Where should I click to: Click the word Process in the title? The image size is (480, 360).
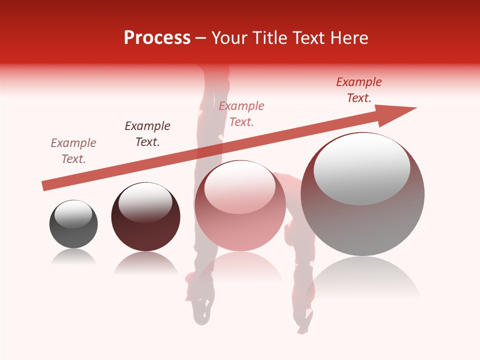tap(157, 38)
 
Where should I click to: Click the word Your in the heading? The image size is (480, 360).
tap(229, 38)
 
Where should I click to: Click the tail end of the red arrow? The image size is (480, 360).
tap(45, 185)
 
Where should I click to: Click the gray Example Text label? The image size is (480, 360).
tap(73, 151)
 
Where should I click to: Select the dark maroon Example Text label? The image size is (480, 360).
tap(147, 134)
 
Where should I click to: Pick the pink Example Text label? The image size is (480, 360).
tap(241, 114)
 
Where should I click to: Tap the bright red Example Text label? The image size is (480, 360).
tap(359, 90)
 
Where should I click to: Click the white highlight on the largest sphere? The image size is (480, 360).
tap(361, 169)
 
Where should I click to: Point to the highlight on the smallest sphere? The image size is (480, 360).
tap(73, 214)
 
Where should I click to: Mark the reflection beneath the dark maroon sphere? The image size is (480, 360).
tap(145, 263)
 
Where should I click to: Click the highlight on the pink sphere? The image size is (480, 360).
tap(239, 187)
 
